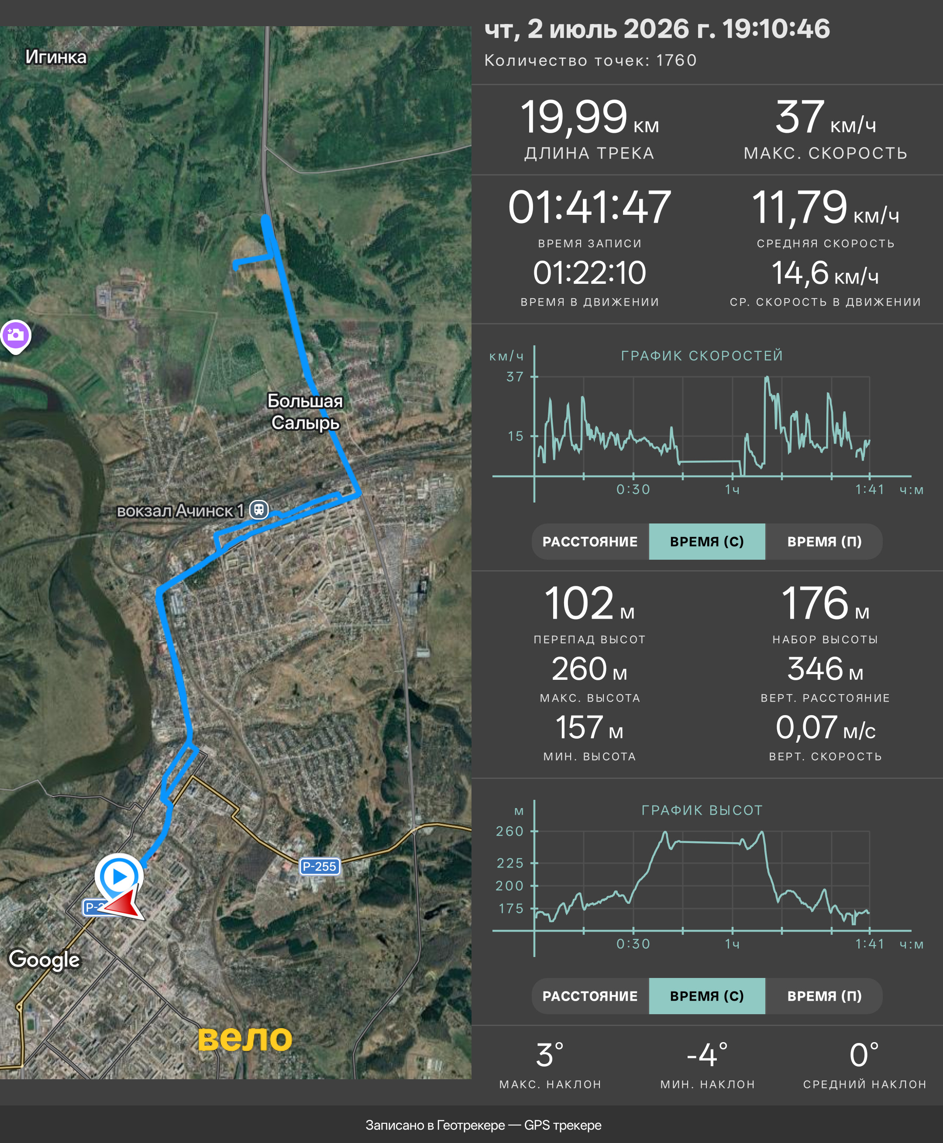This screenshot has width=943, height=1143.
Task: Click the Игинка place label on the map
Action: pyautogui.click(x=56, y=57)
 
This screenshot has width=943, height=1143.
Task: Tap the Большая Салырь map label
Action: pyautogui.click(x=305, y=411)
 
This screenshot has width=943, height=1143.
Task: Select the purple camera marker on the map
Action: pyautogui.click(x=16, y=335)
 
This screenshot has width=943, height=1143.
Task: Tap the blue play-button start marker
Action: pyautogui.click(x=119, y=876)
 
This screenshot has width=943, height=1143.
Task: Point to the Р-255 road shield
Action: pyautogui.click(x=320, y=866)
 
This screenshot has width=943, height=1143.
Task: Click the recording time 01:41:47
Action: pyautogui.click(x=589, y=207)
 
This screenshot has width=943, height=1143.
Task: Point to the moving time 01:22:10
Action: pyautogui.click(x=589, y=273)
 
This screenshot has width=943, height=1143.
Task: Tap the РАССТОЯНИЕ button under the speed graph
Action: pyautogui.click(x=590, y=542)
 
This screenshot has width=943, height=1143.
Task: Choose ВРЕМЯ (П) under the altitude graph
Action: pyautogui.click(x=824, y=996)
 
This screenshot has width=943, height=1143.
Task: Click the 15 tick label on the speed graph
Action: pyautogui.click(x=516, y=436)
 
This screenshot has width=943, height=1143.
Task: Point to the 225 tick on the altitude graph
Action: pyautogui.click(x=509, y=863)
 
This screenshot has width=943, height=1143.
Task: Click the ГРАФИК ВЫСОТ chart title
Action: pyautogui.click(x=702, y=810)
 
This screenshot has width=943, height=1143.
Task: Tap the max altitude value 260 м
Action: pyautogui.click(x=589, y=669)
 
